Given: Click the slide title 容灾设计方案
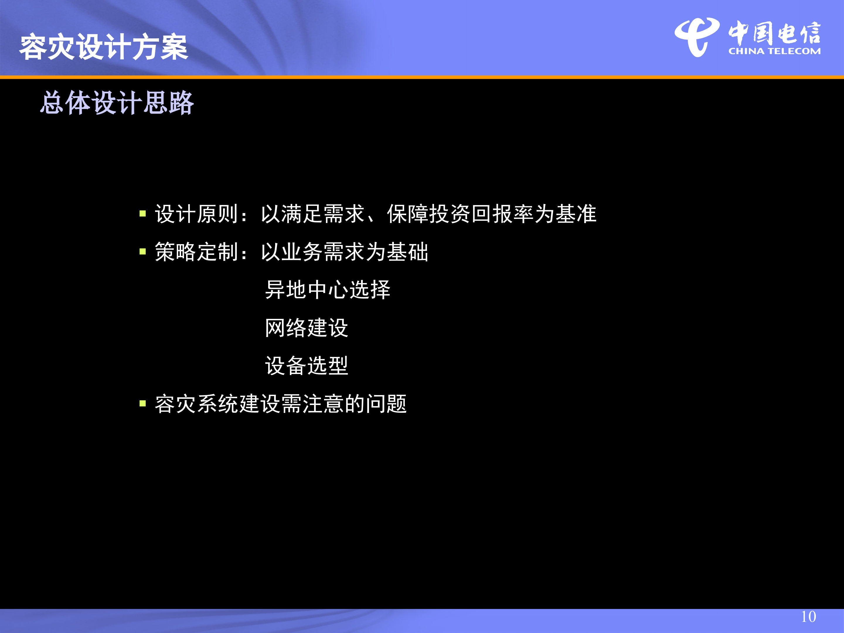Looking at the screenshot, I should pos(104,47).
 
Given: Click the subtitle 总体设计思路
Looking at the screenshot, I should pos(117,103).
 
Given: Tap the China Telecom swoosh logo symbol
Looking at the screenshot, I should pos(697,37).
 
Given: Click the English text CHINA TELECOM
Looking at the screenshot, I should pos(774,51).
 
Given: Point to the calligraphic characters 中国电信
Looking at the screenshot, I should pos(774,33).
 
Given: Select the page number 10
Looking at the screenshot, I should pos(808,617).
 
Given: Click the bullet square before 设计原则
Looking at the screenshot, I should pos(143,214).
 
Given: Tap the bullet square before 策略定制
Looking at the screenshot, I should pos(143,251).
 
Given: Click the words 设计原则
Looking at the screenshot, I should pos(197,214).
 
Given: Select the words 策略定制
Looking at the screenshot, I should pos(197,252).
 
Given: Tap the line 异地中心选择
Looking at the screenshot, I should pos(328,290).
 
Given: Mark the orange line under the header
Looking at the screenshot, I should pos(422,77).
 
